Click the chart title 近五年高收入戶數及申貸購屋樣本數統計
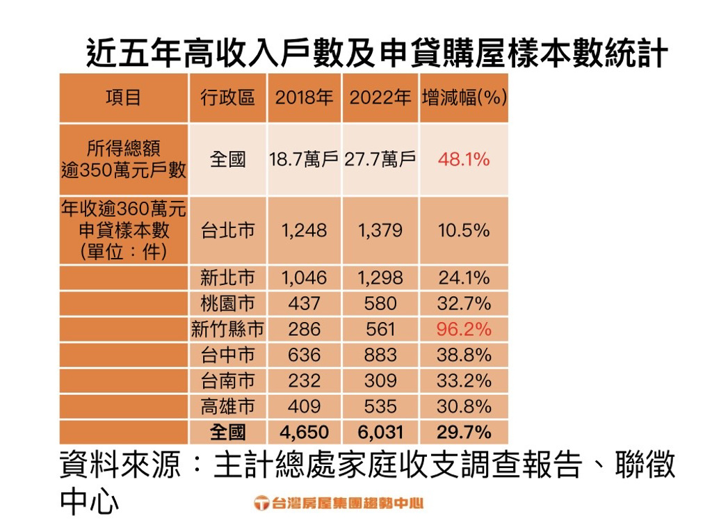[377, 54]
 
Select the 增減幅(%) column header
[464, 97]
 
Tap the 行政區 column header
[227, 97]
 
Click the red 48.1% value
[464, 160]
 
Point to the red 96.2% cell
[464, 329]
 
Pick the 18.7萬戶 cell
[304, 160]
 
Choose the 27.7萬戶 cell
[380, 160]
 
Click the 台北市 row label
[227, 231]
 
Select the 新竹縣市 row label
[227, 329]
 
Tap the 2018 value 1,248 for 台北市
[304, 231]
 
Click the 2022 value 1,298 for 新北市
[380, 278]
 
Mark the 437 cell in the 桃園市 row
[304, 304]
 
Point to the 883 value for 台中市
[380, 355]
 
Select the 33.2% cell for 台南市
[464, 380]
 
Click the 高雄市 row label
[227, 406]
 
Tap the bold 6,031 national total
[380, 432]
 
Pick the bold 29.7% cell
[464, 432]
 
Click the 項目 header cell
[123, 97]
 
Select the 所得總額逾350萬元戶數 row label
[123, 159]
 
